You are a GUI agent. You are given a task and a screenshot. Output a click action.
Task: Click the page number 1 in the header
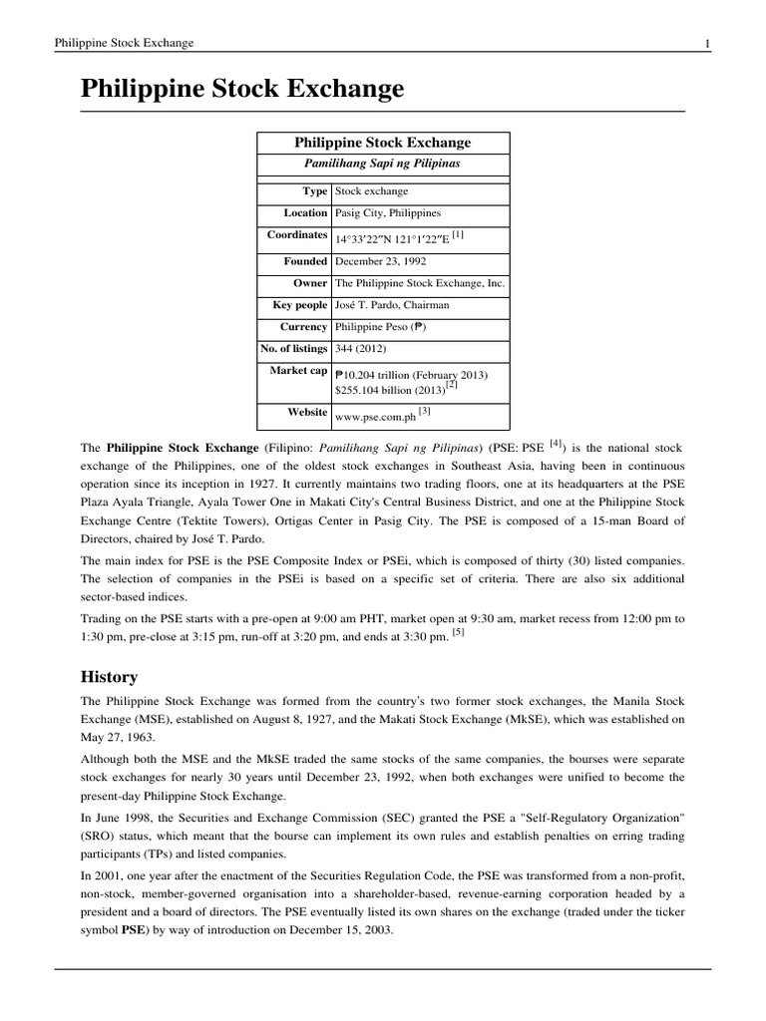coord(707,43)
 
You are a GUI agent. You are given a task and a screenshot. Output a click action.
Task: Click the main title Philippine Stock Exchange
coord(242,89)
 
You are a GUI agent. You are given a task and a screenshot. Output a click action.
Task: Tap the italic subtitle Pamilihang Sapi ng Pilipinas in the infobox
coord(382,164)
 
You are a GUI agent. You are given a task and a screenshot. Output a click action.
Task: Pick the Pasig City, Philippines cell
coord(388,212)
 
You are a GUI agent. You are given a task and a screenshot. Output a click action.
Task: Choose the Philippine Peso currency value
coord(384,327)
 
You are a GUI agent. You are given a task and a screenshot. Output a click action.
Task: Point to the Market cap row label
coord(298,371)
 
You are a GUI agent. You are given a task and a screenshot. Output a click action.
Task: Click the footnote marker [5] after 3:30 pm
coord(458,633)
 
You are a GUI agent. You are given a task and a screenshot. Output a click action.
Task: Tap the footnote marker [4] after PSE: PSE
coord(557,446)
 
